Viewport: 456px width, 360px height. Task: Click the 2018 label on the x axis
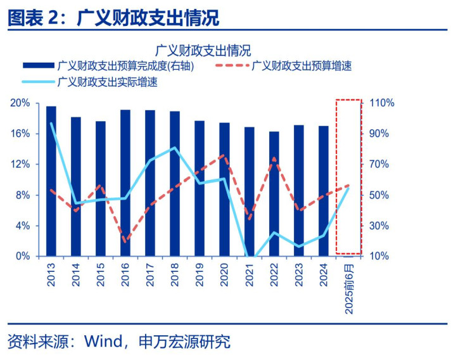[x=175, y=274]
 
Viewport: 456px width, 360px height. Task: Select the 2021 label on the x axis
[x=249, y=274]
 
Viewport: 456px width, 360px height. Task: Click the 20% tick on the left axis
[x=21, y=103]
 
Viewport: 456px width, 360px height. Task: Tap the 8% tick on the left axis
[x=23, y=195]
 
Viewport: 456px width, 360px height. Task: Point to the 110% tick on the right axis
[x=382, y=103]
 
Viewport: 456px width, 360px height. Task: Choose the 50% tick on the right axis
[x=382, y=195]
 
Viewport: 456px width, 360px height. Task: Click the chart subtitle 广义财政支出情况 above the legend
[x=203, y=49]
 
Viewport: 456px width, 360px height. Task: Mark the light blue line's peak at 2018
[x=175, y=148]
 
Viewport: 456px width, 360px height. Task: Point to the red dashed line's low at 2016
[x=125, y=241]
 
